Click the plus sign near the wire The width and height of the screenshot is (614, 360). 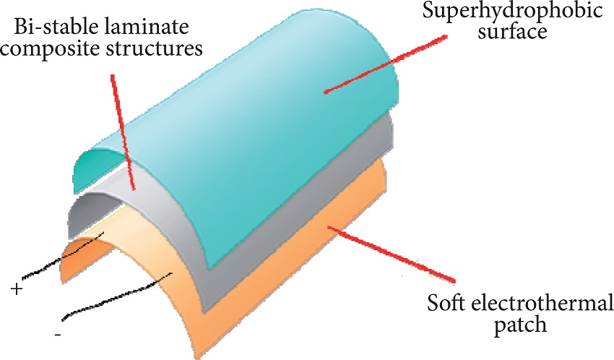click(x=16, y=288)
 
